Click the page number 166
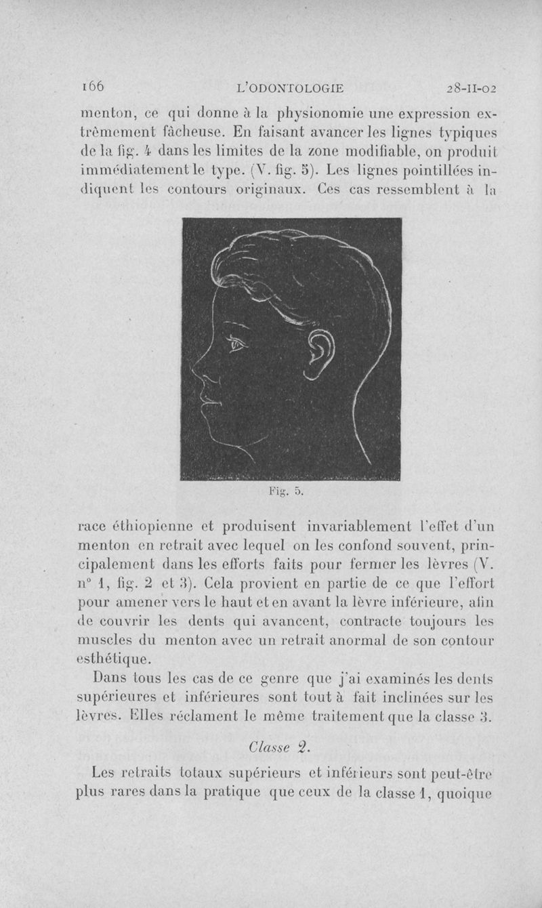point(91,86)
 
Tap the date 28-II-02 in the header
point(472,87)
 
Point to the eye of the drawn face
point(236,346)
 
